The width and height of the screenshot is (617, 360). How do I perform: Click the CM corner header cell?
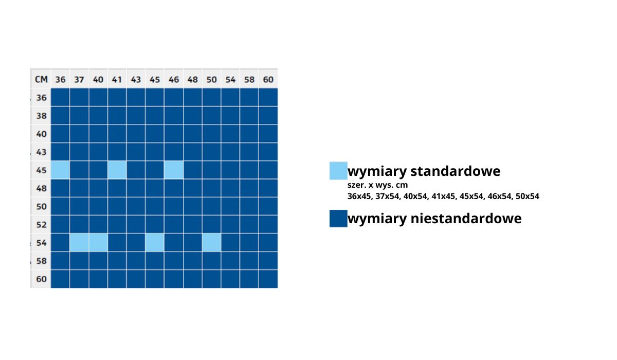point(41,79)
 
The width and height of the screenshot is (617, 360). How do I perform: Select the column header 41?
point(117,79)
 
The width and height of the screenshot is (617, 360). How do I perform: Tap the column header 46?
point(174,79)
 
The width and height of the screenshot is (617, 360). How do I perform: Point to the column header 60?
point(268,79)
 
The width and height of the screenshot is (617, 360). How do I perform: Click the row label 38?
point(41,116)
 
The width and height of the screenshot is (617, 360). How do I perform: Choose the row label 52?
point(41,224)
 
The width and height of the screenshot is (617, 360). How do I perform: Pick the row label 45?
point(41,170)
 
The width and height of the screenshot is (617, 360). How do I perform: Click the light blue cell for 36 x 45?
point(60,170)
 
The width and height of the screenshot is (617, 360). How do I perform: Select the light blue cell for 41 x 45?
point(117,170)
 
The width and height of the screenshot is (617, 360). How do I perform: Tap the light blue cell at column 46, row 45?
point(174,170)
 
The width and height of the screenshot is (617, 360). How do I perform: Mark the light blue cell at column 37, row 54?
point(79,243)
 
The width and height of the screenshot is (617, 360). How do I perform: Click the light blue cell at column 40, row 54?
point(98,243)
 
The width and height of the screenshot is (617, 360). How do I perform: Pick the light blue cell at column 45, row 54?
point(155,243)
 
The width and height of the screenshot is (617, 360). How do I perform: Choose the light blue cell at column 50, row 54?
point(211,243)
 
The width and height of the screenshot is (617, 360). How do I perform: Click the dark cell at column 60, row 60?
point(268,279)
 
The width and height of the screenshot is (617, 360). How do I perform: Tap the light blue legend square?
point(338,171)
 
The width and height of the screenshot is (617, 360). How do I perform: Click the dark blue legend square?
point(338,219)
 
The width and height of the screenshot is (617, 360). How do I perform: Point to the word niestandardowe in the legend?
point(466,219)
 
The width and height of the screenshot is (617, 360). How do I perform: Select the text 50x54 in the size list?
point(527,196)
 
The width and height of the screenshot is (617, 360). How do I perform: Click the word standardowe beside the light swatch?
point(456,171)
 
